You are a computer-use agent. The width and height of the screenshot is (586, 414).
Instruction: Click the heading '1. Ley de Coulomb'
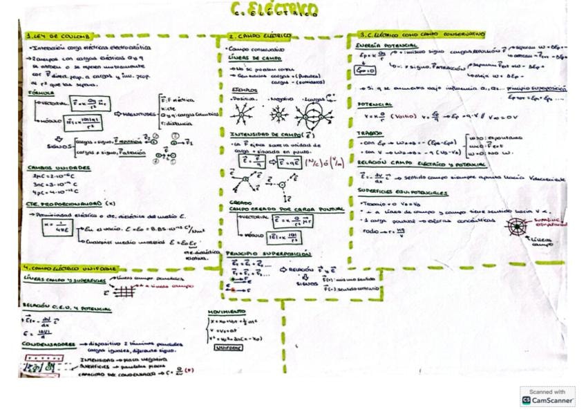46,36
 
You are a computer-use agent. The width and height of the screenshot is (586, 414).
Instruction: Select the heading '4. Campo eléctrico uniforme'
69,267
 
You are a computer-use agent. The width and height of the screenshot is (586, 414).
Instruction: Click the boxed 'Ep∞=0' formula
366,70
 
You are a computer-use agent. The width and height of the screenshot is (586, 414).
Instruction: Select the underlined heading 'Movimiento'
223,312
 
